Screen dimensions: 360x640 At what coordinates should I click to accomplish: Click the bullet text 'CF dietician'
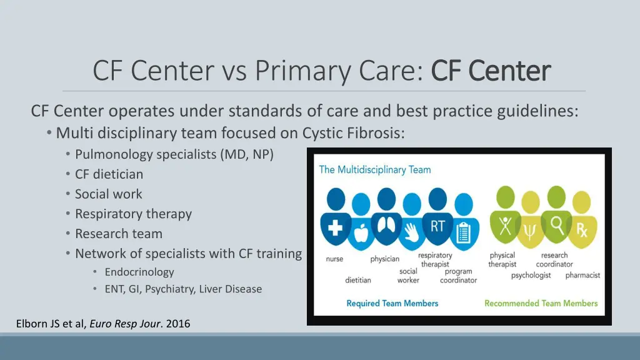(x=109, y=174)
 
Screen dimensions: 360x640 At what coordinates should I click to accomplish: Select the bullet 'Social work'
(x=108, y=194)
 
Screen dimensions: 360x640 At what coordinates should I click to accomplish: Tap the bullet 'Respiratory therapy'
(x=133, y=214)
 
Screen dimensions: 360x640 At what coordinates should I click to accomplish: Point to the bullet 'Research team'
(x=118, y=234)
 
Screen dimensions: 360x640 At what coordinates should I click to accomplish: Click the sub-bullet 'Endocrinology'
(x=139, y=272)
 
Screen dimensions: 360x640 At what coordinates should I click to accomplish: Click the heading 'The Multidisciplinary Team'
(x=375, y=169)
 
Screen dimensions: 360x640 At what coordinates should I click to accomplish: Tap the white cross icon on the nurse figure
(x=335, y=227)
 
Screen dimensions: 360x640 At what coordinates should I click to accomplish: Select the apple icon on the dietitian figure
(x=360, y=234)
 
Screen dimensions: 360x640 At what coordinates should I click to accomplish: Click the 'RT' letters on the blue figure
(x=437, y=226)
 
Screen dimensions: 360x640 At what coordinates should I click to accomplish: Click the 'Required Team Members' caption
(x=392, y=304)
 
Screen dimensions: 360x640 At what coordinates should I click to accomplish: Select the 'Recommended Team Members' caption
(x=541, y=304)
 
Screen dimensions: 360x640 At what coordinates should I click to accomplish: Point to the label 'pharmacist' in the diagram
(x=582, y=275)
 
